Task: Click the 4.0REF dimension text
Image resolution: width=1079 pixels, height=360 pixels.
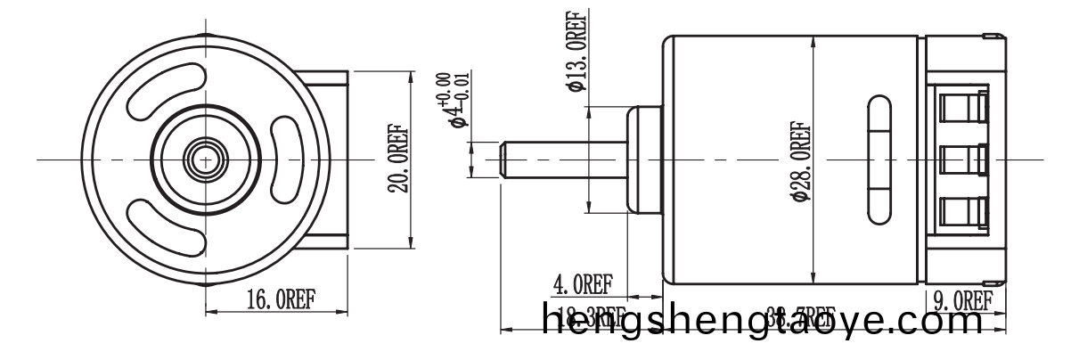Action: coord(584,285)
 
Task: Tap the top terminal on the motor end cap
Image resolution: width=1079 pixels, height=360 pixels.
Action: coord(965,111)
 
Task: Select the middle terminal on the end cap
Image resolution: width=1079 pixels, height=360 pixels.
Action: coord(965,160)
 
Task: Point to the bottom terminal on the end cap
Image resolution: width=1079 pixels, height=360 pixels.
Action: coord(965,210)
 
